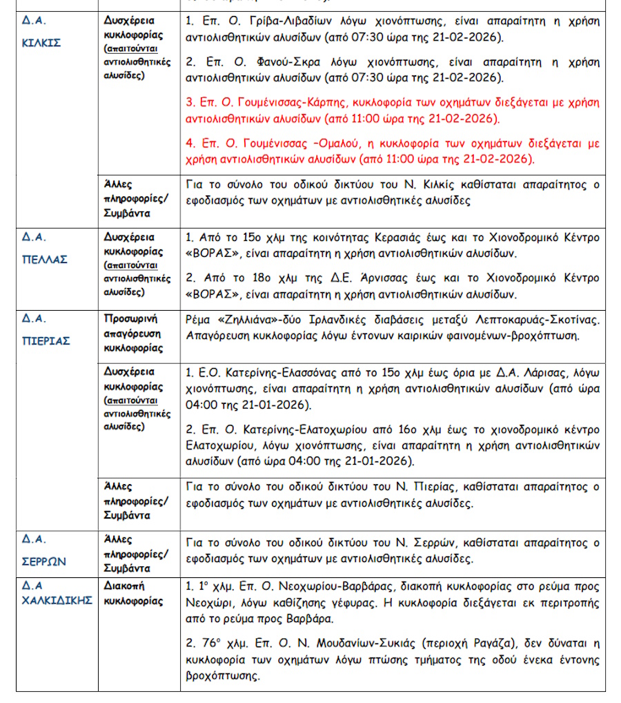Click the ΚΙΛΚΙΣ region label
coord(42,42)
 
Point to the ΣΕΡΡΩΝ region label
coord(43,561)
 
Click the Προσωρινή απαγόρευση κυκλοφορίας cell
coord(134,334)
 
